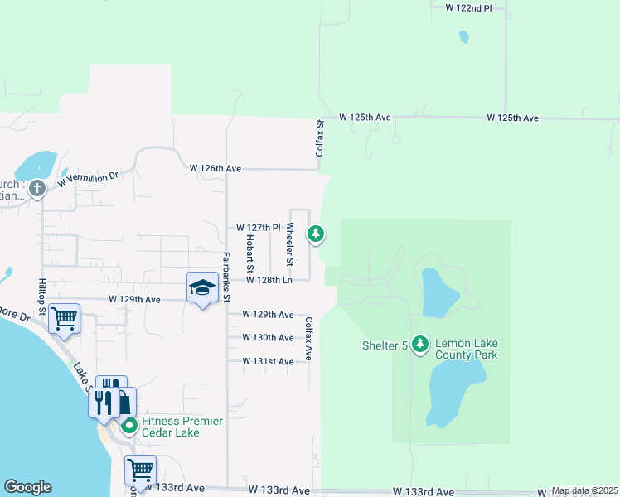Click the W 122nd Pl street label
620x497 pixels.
(x=468, y=7)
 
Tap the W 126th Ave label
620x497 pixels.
(x=215, y=168)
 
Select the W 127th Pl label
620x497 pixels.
(x=259, y=227)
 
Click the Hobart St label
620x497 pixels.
(x=249, y=254)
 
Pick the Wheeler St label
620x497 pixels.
(x=290, y=245)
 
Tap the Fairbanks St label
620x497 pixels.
(x=226, y=277)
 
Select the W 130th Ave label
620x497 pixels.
(x=268, y=338)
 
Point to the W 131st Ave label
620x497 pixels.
(x=268, y=362)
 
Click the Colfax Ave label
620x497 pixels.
(x=308, y=339)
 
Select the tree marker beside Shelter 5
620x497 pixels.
(x=420, y=343)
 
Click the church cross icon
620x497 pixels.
(x=36, y=189)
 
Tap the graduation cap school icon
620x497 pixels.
(x=202, y=287)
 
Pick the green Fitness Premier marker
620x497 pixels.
(x=129, y=427)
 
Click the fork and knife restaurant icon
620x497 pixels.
(x=103, y=401)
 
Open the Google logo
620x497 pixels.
(x=27, y=487)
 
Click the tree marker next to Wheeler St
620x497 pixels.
(x=315, y=234)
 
